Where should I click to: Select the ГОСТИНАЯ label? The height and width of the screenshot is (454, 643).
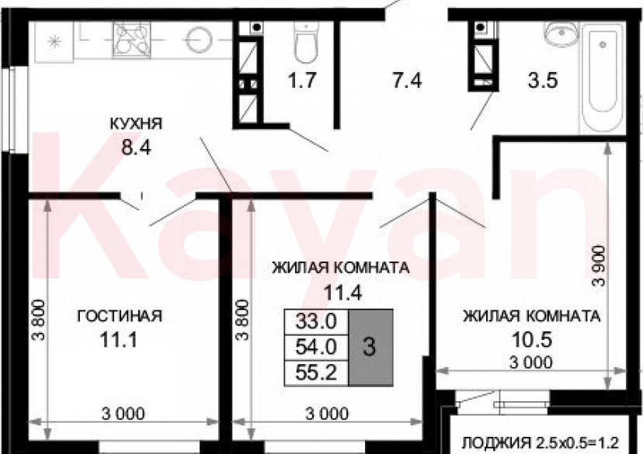(x=119, y=316)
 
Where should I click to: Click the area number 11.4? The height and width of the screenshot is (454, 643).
(x=339, y=293)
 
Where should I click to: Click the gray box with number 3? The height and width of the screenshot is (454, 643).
(x=370, y=346)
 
